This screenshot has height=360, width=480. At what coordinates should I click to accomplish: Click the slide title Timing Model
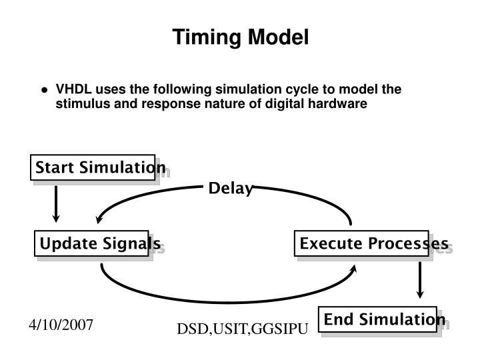click(241, 37)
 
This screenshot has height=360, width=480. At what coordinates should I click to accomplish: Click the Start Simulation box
click(93, 167)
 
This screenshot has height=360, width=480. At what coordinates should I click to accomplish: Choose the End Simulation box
click(377, 320)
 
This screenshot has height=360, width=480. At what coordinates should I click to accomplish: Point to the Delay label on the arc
click(231, 189)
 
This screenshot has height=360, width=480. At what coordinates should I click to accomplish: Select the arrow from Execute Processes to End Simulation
click(420, 280)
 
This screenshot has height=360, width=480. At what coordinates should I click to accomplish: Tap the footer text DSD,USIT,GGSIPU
click(241, 329)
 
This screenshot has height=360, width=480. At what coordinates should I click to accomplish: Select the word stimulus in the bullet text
click(79, 104)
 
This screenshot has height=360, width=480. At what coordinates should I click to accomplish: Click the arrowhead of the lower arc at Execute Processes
click(354, 268)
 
